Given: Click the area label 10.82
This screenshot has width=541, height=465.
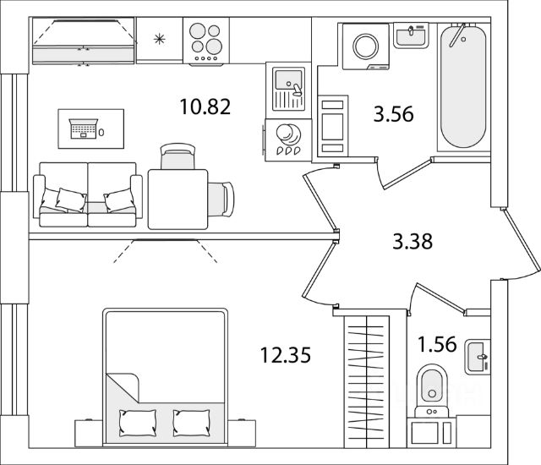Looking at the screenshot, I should (x=205, y=107).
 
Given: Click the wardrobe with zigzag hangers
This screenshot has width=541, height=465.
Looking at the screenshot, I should (x=368, y=380).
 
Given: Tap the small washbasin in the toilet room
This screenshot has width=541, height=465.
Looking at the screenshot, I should (x=478, y=357).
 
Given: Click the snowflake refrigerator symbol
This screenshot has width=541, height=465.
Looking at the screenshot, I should (x=158, y=39).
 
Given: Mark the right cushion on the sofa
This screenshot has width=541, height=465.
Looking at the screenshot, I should (x=117, y=200).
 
